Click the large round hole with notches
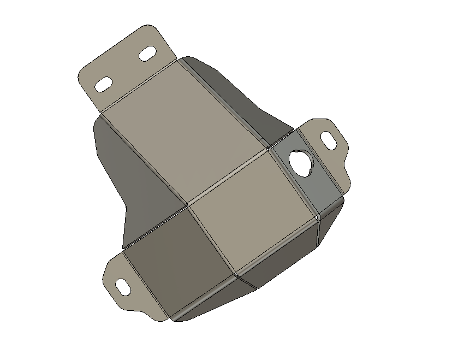click(301, 161)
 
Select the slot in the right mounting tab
click(329, 140)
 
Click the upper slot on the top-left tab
click(146, 55)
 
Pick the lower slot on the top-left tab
click(104, 85)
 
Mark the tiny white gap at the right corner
click(317, 217)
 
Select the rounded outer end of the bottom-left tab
click(109, 284)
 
